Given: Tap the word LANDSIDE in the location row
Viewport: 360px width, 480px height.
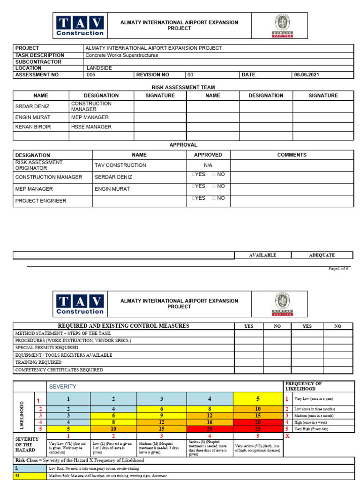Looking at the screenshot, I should [99, 68].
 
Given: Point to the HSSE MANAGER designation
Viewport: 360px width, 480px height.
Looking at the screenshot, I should [91, 127].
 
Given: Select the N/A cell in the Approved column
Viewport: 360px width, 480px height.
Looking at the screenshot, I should [208, 165].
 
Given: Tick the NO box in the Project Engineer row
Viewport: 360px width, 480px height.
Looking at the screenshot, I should [214, 198].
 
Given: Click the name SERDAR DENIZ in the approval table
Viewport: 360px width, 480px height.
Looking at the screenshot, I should [113, 177].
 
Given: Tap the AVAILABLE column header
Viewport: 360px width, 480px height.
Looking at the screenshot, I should [262, 255].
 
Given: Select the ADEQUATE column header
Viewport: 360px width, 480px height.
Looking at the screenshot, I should [322, 255].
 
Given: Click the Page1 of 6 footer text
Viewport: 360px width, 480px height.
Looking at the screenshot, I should [338, 269].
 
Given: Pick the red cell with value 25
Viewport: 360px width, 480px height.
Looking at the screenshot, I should [258, 429].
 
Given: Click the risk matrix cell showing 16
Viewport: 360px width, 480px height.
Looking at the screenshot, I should [210, 422].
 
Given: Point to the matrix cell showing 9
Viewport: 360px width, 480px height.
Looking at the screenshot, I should [162, 416].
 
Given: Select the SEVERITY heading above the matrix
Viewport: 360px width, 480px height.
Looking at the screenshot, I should [62, 387].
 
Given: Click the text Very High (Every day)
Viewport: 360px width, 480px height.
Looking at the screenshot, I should [311, 429].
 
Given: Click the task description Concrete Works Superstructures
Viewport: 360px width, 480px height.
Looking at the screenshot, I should [121, 55].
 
